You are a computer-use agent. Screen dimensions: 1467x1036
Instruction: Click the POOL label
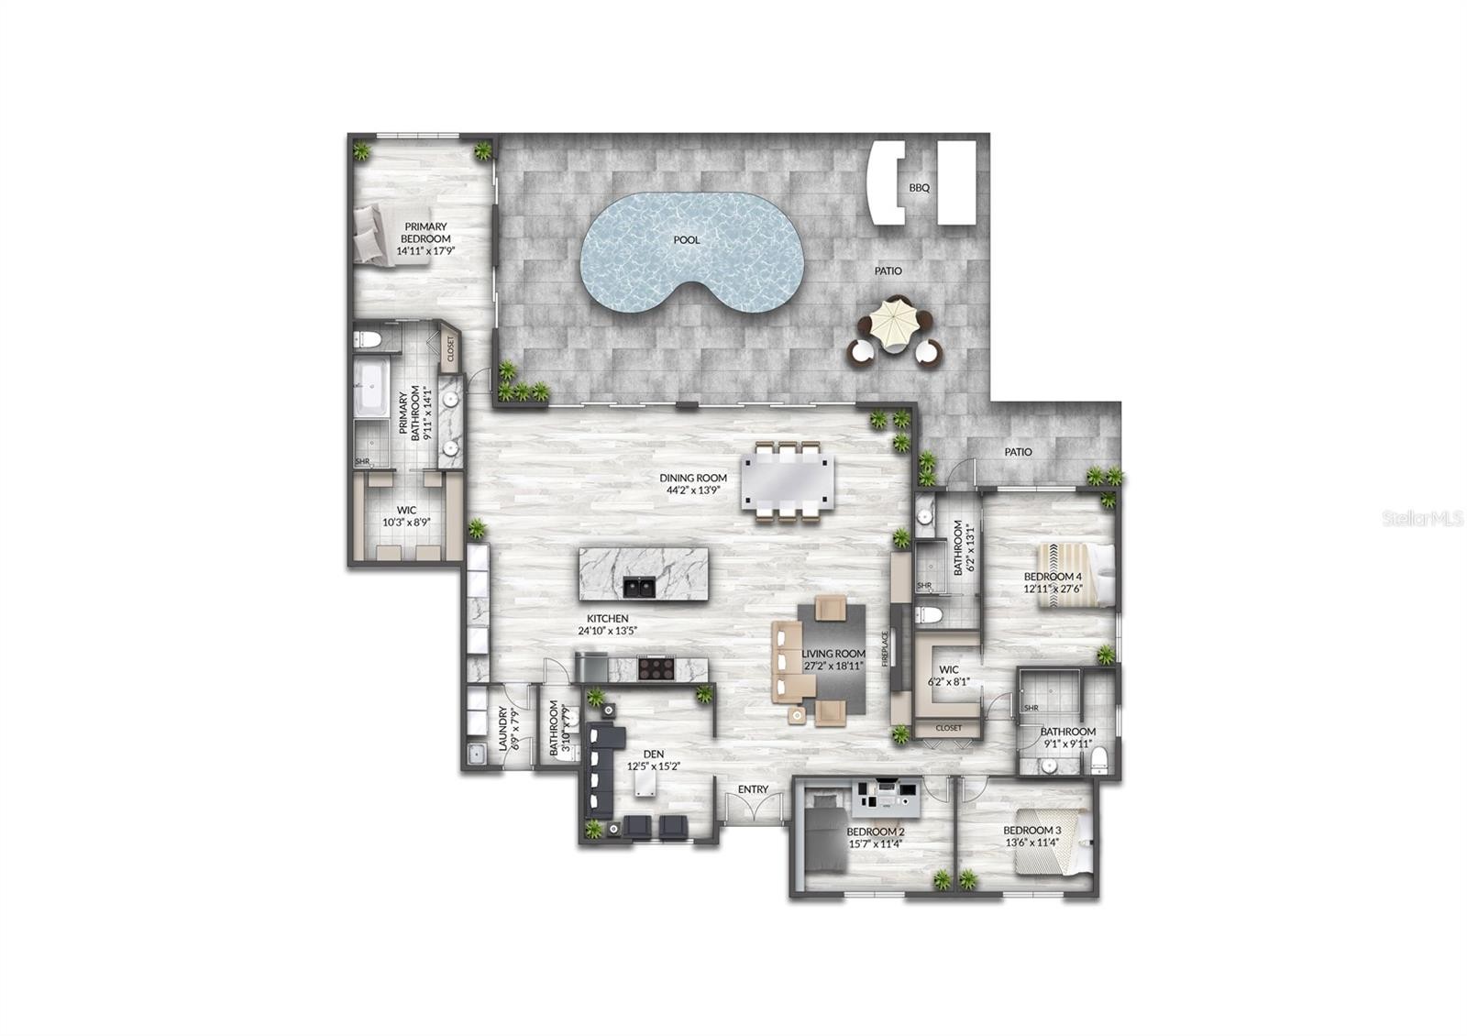(x=687, y=240)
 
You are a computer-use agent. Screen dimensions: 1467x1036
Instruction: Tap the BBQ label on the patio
(x=919, y=188)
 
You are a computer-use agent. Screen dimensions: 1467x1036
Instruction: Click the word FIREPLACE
(x=885, y=648)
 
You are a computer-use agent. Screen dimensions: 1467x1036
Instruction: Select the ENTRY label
(x=753, y=789)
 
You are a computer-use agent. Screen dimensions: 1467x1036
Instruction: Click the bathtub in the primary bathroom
(x=371, y=389)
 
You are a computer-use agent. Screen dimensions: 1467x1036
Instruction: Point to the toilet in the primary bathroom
(x=368, y=339)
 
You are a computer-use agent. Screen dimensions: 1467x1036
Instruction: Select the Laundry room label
(x=502, y=728)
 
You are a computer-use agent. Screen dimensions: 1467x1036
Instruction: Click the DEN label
(x=654, y=755)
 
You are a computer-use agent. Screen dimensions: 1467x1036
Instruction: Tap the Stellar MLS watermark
(x=1422, y=519)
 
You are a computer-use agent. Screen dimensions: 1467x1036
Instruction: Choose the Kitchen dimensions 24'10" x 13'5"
(x=607, y=632)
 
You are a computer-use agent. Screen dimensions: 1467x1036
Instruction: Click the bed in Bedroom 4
(x=1075, y=576)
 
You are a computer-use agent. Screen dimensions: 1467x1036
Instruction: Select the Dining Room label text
(x=693, y=478)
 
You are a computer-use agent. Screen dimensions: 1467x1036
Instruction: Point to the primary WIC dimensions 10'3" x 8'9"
(x=406, y=522)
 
